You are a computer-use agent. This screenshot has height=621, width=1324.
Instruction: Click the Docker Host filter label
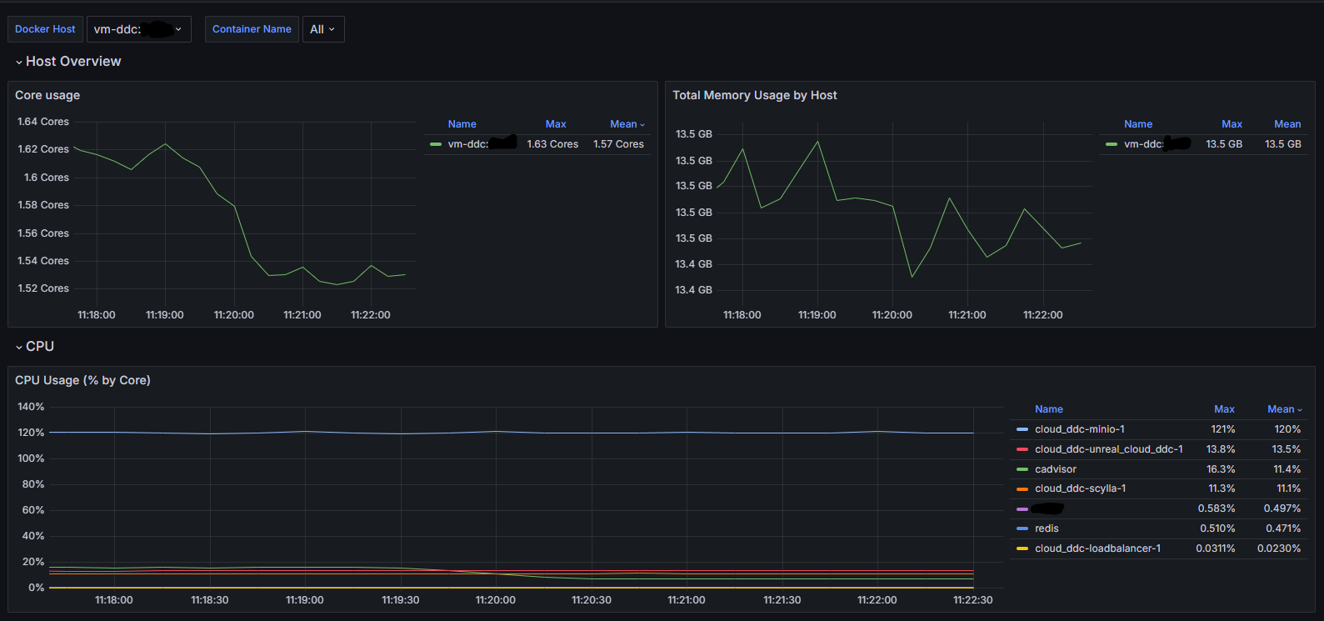tap(45, 29)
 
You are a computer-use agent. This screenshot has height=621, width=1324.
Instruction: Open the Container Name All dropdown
tap(322, 29)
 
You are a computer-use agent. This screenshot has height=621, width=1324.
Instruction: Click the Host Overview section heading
tap(73, 62)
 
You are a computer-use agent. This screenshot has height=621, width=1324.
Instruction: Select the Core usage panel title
tap(47, 95)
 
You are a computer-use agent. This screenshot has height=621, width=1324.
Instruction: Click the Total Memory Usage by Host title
tap(754, 95)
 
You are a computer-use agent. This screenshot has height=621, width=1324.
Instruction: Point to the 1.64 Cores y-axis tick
tap(43, 122)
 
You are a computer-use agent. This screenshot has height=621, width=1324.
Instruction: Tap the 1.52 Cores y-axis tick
tap(43, 288)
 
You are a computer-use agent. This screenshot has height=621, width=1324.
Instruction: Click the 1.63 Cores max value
tap(552, 144)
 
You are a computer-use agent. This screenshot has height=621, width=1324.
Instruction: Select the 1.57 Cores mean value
tap(618, 144)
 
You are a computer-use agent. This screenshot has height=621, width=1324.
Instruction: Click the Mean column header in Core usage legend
tap(624, 124)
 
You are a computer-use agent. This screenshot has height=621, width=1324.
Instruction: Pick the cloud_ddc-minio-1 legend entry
tap(1079, 429)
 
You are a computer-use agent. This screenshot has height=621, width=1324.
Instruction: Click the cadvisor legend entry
tap(1055, 469)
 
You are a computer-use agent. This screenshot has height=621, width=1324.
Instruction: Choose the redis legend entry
tap(1047, 528)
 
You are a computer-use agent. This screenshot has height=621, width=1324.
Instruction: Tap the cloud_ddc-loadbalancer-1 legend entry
tap(1097, 548)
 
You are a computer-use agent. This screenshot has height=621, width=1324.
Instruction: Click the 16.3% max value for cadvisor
tap(1221, 469)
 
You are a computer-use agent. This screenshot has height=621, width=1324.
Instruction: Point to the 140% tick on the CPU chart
tap(31, 407)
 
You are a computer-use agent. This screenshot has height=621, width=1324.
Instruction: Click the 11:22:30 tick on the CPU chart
tap(972, 600)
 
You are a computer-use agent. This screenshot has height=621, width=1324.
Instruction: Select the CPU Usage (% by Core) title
tap(82, 380)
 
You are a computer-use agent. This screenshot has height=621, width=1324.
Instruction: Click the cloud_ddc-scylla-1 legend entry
tap(1080, 488)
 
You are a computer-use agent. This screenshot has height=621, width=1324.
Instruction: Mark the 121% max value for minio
tap(1222, 429)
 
